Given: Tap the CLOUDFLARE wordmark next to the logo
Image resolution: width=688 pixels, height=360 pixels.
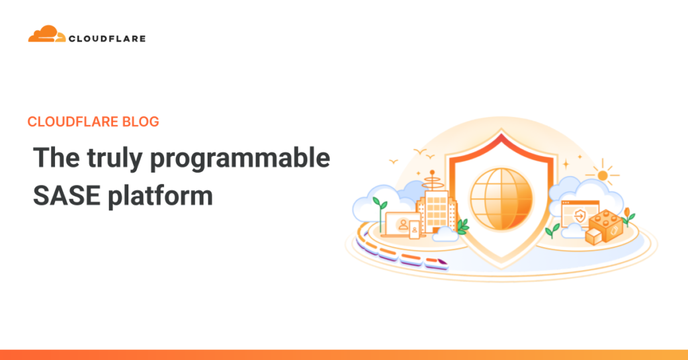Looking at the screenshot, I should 107,39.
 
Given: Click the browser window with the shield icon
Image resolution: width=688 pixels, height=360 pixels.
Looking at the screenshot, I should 579,214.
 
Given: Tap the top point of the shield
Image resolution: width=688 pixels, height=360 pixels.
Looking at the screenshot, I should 501,134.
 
